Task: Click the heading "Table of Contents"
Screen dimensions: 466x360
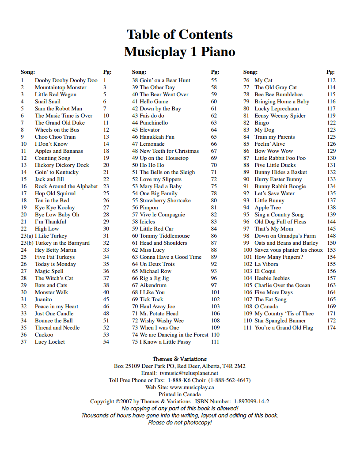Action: point(180,34)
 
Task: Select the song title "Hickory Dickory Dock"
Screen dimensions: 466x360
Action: point(62,165)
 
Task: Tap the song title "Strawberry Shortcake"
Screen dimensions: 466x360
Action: point(165,201)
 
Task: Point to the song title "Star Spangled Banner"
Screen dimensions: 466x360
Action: point(280,321)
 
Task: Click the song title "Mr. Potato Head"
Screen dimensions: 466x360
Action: point(159,314)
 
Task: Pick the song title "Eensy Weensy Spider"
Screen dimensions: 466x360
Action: point(280,116)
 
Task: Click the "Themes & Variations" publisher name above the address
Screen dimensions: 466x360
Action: point(180,359)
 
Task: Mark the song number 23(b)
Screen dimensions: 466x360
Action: point(27,243)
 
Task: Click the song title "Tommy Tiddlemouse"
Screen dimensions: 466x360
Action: point(165,236)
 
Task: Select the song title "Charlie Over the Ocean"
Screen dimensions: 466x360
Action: point(282,285)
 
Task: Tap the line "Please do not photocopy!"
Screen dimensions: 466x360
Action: point(180,423)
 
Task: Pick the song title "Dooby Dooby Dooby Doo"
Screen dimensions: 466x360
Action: point(66,80)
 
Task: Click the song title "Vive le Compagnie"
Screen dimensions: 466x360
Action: point(162,215)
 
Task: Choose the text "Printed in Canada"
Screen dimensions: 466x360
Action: point(180,394)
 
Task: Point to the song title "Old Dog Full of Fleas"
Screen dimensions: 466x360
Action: point(280,222)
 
